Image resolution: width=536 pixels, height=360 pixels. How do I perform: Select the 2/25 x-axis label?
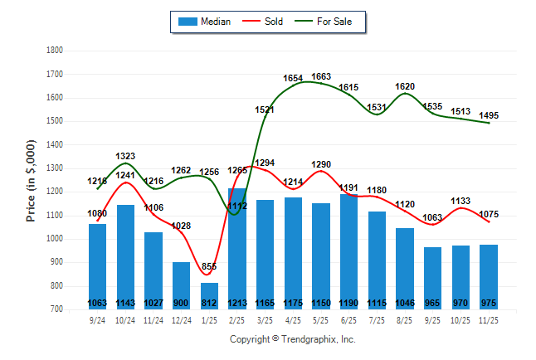237,319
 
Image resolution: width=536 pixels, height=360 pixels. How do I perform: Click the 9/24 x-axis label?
97,319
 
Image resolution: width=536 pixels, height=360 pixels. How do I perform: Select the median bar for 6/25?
349,249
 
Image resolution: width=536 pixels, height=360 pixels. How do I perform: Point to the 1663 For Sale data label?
321,76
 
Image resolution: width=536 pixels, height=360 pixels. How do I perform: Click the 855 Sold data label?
209,266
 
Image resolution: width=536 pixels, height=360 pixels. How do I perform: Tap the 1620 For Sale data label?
405,86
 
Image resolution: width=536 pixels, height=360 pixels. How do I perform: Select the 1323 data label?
125,156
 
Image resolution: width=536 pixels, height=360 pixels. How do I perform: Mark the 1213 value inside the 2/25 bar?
237,304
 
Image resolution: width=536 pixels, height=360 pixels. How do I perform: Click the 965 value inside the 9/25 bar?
433,304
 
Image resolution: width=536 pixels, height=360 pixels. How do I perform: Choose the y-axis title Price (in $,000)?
31,179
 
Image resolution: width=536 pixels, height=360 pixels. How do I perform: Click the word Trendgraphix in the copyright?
308,340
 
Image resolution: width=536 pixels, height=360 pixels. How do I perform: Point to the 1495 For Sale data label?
489,115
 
